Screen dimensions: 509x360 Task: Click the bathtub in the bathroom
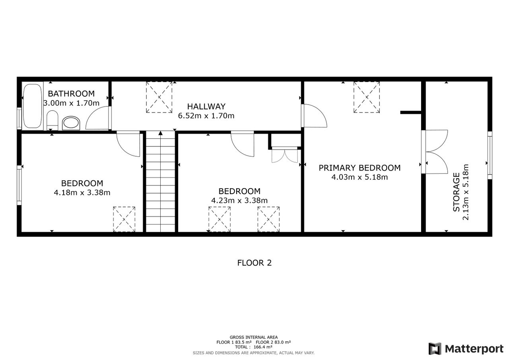[33, 106]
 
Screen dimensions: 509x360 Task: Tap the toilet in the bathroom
[52, 121]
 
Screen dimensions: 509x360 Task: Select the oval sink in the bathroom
[71, 123]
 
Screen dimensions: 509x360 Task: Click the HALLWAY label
[206, 106]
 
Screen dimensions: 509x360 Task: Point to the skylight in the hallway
[159, 97]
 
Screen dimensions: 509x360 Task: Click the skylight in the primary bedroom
[367, 97]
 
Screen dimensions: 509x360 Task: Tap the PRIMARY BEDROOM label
[359, 168]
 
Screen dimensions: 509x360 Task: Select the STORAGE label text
[456, 192]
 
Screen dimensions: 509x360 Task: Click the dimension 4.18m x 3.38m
[82, 193]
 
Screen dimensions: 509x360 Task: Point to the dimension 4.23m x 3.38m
[239, 200]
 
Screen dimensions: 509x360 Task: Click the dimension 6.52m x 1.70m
[206, 116]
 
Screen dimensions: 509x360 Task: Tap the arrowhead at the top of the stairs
[160, 133]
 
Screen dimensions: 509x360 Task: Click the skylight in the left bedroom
[124, 219]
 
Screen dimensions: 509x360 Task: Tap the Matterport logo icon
[435, 348]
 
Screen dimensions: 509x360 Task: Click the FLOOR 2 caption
[254, 263]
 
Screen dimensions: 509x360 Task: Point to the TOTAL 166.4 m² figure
[254, 347]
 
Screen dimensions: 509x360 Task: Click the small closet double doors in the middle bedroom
[285, 155]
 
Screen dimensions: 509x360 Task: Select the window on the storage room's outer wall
[490, 155]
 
